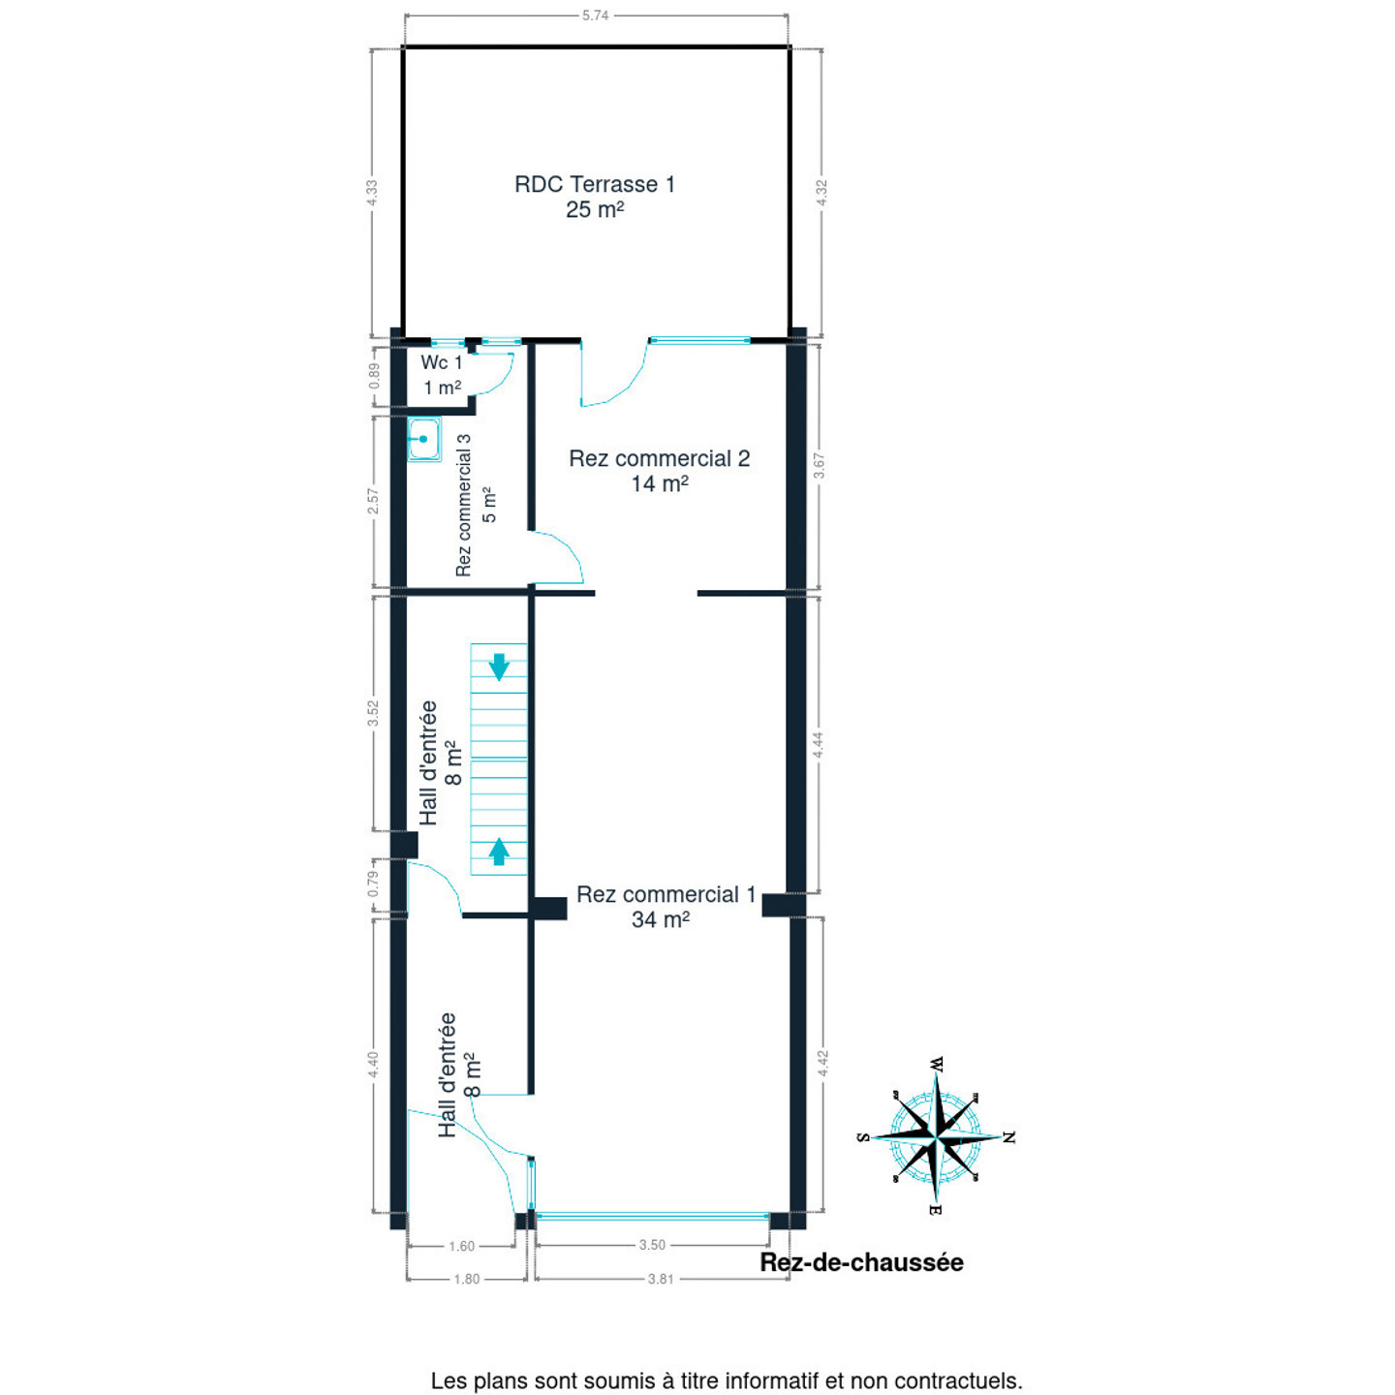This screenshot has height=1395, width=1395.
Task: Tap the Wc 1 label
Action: click(x=442, y=362)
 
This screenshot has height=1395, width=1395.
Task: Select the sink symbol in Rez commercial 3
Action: click(x=423, y=440)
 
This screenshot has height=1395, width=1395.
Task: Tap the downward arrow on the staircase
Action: click(x=499, y=666)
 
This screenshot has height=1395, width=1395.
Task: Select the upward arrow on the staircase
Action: click(x=499, y=852)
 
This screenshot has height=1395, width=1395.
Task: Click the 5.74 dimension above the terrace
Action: click(x=595, y=15)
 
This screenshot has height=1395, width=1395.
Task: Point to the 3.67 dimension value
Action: click(x=819, y=465)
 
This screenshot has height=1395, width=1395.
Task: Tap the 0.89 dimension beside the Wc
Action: click(x=374, y=375)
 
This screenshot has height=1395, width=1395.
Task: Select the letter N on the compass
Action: click(x=1009, y=1137)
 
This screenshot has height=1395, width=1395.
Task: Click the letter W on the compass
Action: click(x=936, y=1064)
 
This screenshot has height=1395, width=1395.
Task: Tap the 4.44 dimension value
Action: click(x=818, y=745)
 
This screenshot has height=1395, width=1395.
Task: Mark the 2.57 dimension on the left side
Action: click(x=373, y=502)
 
